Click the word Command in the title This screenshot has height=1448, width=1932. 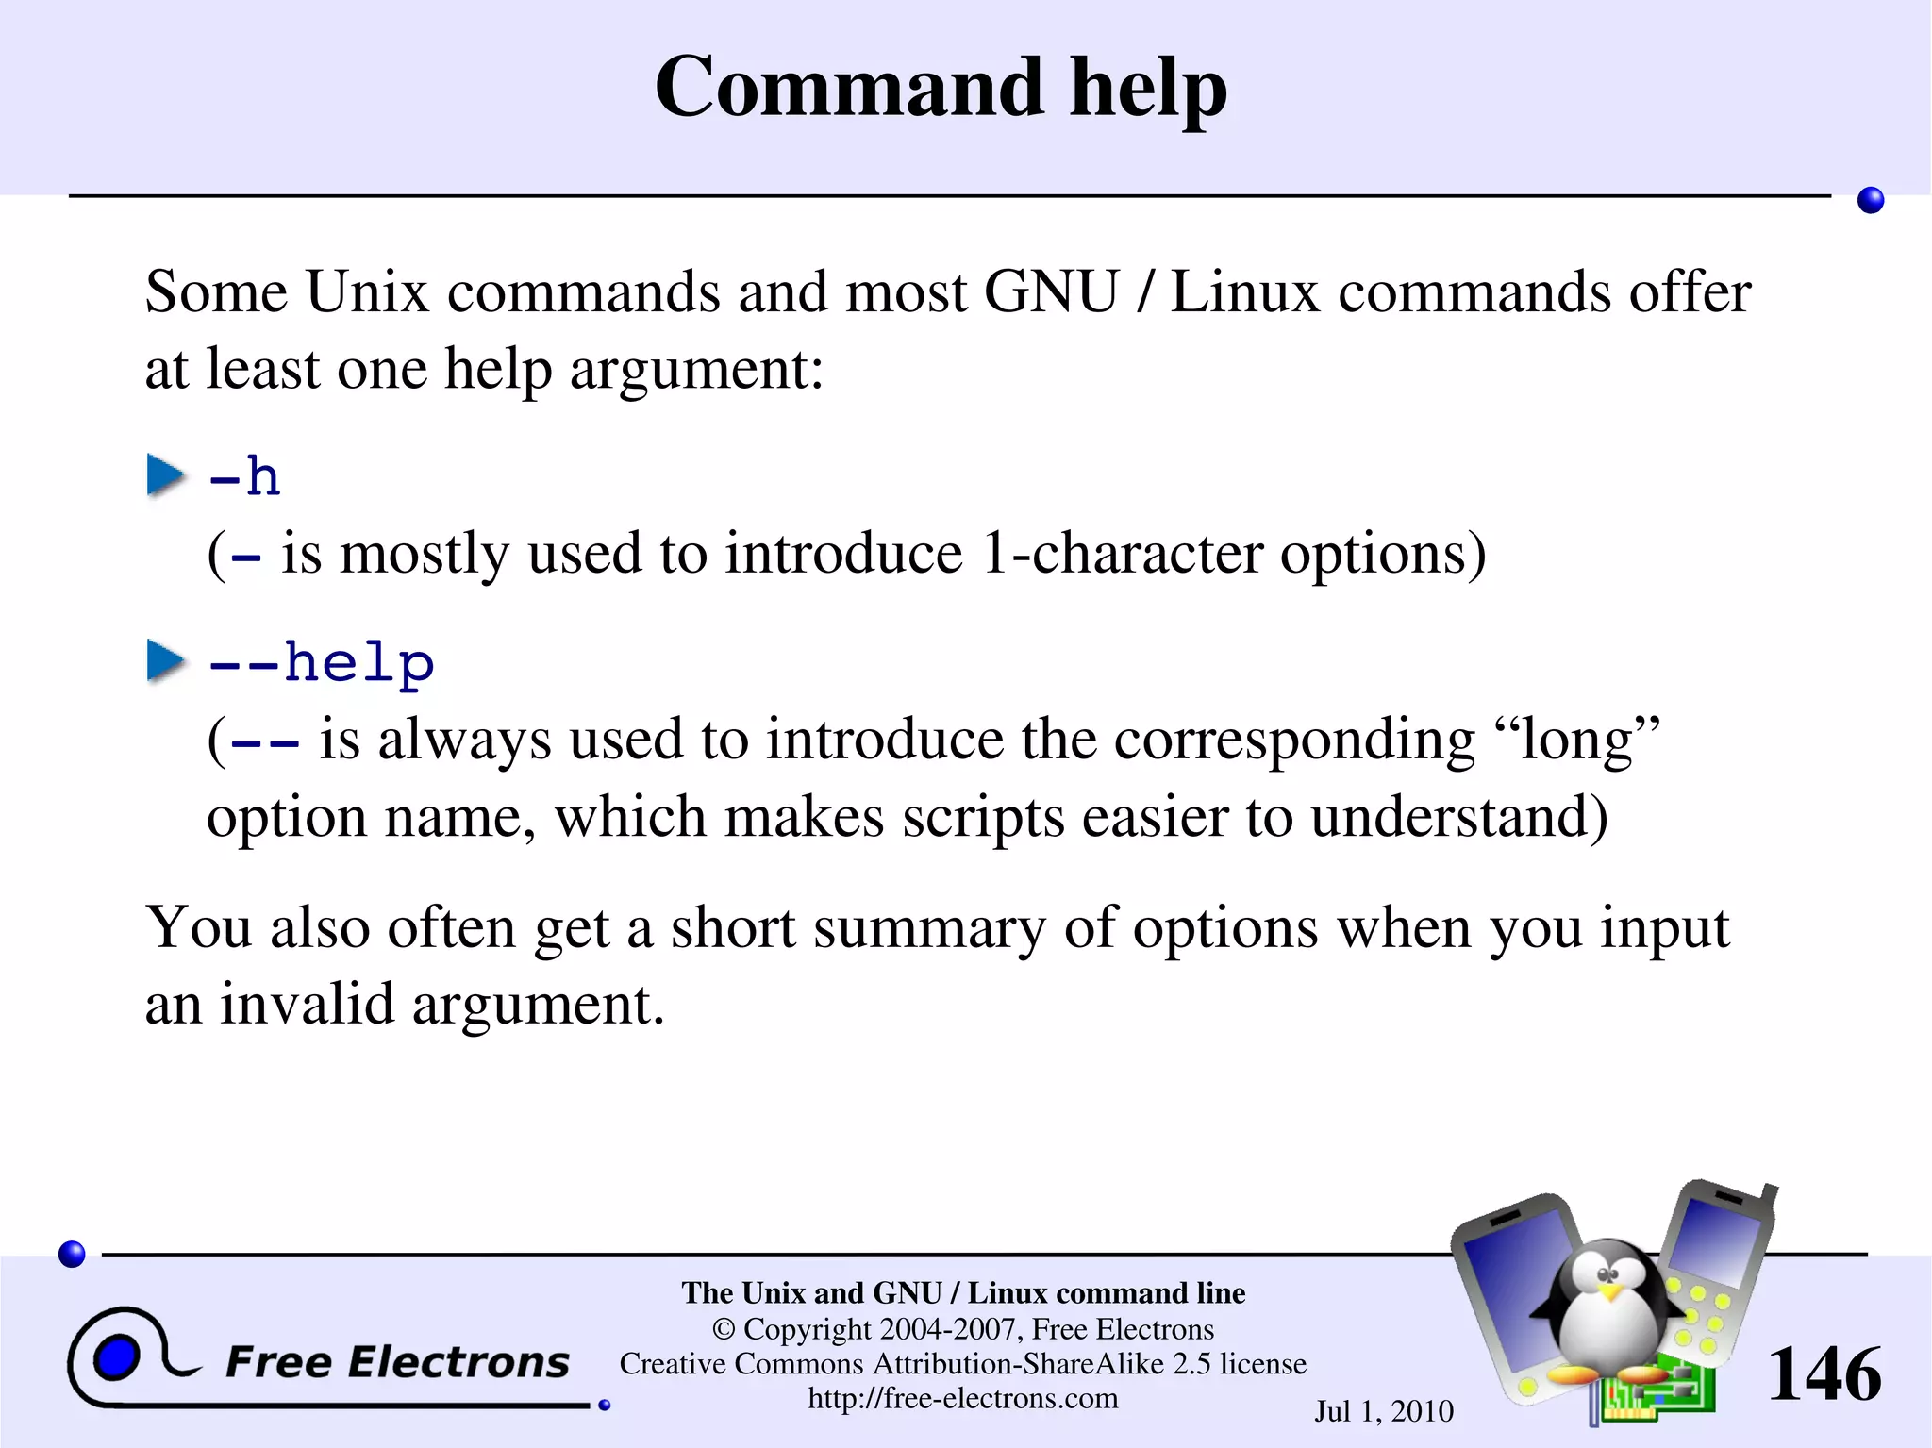[x=849, y=87]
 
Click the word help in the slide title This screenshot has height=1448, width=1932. [x=1147, y=87]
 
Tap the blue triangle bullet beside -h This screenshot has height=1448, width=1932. [x=165, y=474]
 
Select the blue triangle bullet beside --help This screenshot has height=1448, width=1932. [x=165, y=660]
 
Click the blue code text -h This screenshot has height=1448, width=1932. [x=244, y=476]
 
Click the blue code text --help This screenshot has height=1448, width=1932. [x=321, y=662]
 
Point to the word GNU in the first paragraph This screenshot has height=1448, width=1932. [x=1050, y=291]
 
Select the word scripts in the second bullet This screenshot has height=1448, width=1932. [x=982, y=816]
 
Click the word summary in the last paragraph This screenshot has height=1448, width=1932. [x=929, y=928]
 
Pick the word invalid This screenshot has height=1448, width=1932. [x=307, y=1004]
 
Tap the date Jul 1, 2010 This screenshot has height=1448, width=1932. [x=1383, y=1411]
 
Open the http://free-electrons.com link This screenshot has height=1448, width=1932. [x=962, y=1398]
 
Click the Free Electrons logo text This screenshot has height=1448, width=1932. [x=397, y=1362]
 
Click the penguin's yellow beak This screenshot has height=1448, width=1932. [x=1610, y=1288]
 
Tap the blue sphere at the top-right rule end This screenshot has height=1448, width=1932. [x=1870, y=200]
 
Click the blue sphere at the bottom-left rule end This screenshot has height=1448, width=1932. [x=72, y=1254]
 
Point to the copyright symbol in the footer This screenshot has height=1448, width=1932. [x=723, y=1329]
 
